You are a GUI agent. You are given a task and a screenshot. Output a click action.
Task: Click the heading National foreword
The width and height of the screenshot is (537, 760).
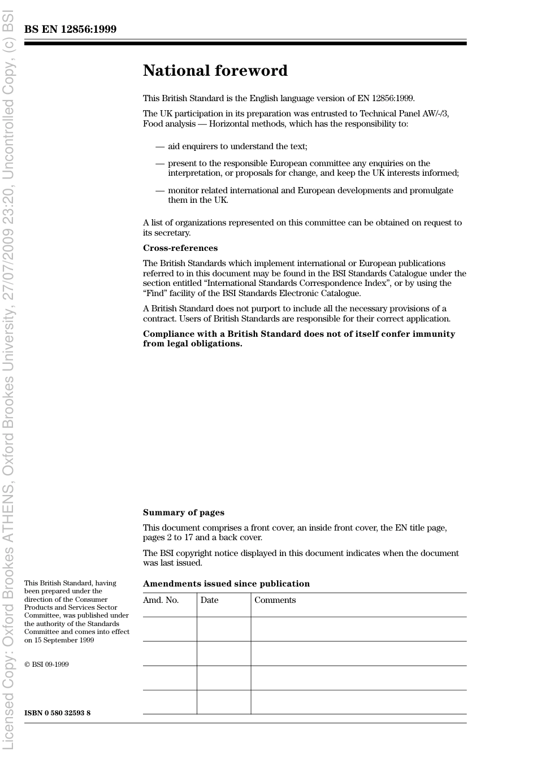click(215, 71)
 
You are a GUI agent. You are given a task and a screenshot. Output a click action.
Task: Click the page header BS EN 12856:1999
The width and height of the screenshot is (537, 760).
click(70, 29)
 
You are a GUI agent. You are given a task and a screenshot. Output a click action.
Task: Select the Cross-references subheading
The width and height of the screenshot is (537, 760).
click(180, 248)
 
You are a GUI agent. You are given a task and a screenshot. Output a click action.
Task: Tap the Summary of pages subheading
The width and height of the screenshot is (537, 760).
click(183, 513)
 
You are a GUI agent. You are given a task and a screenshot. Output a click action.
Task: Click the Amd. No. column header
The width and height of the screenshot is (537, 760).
click(161, 600)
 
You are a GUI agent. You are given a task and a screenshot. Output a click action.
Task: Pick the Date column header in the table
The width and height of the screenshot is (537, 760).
click(209, 600)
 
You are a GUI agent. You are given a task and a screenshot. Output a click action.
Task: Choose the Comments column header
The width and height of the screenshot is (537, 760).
click(275, 600)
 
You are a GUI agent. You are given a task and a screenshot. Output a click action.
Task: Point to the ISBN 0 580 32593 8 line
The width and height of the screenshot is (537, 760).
click(57, 713)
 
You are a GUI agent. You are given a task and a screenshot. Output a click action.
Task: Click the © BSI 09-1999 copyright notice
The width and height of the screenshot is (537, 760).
click(46, 665)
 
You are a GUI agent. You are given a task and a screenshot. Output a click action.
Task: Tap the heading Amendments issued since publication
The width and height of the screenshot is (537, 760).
click(226, 584)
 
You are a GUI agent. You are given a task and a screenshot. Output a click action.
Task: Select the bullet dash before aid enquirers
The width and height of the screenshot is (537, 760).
click(160, 146)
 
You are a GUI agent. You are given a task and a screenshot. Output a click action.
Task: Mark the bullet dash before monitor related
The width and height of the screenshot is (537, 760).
click(160, 190)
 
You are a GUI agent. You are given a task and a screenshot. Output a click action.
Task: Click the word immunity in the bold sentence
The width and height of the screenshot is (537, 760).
click(435, 334)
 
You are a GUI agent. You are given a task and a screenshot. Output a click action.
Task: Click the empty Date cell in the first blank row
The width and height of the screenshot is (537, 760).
click(224, 629)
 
